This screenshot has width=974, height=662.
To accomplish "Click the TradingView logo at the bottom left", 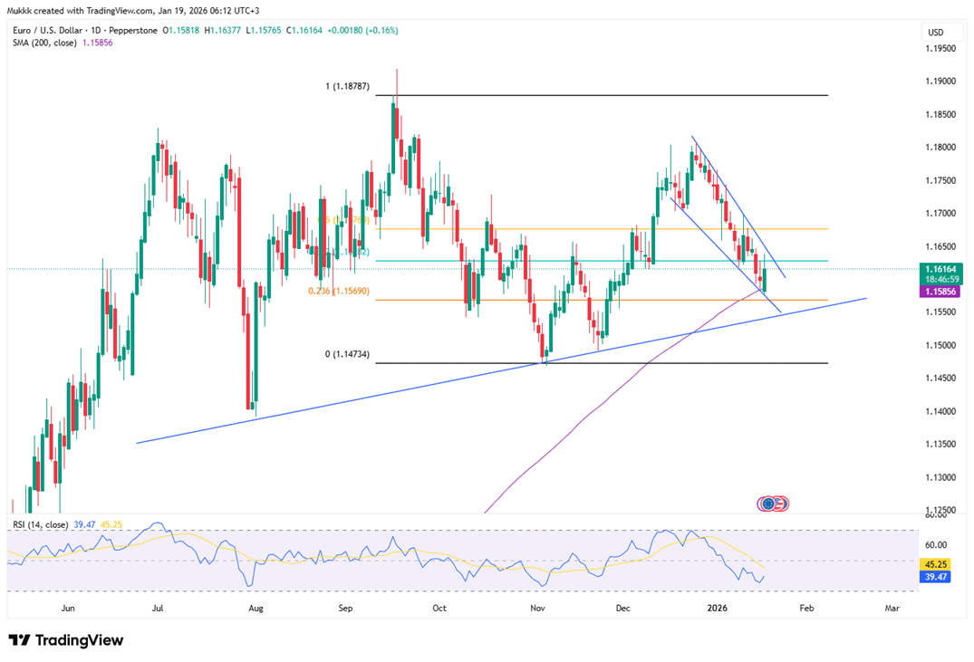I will [x=65, y=640].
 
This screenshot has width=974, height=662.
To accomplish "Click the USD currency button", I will [x=935, y=33].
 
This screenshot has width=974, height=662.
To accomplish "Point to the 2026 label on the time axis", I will [x=718, y=608].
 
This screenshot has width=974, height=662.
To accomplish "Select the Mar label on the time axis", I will [x=892, y=608].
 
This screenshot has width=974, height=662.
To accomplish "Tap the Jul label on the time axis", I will [x=157, y=608].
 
